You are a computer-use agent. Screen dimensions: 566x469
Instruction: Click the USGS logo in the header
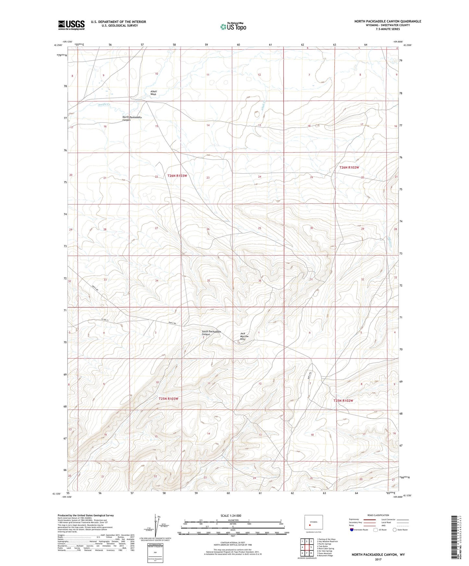point(71,25)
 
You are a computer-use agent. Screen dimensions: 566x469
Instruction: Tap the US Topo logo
point(233,27)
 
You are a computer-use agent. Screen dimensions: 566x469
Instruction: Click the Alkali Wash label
point(154,93)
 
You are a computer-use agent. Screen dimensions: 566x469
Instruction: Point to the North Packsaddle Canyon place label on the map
point(132,118)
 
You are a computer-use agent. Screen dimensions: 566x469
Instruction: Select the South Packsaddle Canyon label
point(211,333)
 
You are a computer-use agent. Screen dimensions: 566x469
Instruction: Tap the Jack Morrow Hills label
point(244,336)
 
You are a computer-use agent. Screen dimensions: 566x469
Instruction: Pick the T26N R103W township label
point(177,176)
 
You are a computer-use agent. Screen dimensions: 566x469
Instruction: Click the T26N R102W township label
point(349,167)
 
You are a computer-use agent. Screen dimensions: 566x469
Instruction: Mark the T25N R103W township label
point(168,398)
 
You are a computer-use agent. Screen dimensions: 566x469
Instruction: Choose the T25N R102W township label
point(343,401)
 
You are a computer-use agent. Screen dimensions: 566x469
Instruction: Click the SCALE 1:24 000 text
point(231,515)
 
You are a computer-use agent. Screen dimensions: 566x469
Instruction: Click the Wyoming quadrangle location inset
point(314,523)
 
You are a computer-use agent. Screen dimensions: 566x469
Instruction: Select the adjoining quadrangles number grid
point(306,547)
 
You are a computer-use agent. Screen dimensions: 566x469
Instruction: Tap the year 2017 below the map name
point(378,559)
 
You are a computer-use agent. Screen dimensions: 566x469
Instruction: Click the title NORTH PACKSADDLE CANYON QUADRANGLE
point(388,21)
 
